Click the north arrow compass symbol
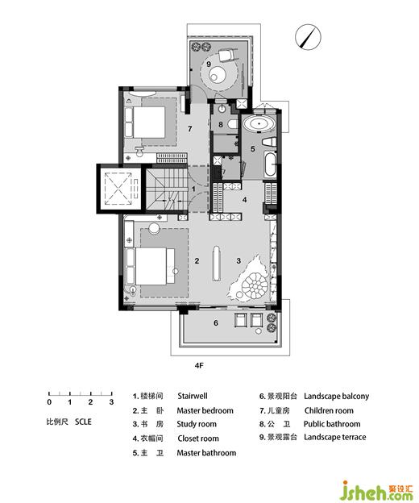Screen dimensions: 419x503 tap(308, 38)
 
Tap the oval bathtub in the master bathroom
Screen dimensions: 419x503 tap(259, 124)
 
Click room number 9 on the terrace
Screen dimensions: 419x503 tap(209, 64)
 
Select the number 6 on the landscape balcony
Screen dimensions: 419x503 tap(216, 322)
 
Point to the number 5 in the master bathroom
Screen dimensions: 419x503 tap(253, 149)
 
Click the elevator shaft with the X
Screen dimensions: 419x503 tap(118, 189)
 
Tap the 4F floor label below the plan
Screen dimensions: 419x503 tap(199, 365)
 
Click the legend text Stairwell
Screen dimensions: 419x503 tap(193, 396)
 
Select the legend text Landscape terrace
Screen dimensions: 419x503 tap(334, 437)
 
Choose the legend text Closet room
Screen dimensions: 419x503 tap(198, 439)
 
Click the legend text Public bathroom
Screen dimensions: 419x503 tap(332, 424)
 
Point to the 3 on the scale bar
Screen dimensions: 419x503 tap(111, 402)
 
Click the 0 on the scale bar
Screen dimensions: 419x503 tap(49, 402)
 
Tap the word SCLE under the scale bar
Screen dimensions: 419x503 tap(83, 422)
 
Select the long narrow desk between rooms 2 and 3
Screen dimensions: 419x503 tap(217, 264)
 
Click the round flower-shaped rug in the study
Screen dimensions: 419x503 tap(255, 285)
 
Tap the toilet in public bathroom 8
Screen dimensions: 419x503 tap(232, 124)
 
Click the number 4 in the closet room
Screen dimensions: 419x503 tap(245, 200)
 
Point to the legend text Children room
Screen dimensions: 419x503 tap(329, 410)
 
